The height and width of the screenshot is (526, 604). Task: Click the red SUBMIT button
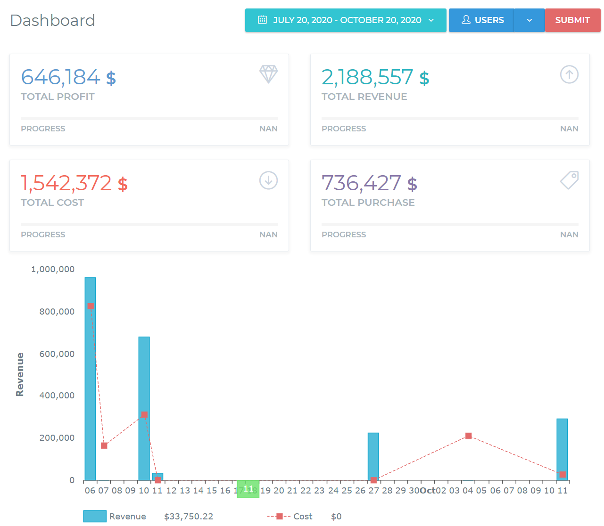[572, 20]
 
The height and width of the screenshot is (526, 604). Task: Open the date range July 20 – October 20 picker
[346, 20]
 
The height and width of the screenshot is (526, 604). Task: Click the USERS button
[481, 20]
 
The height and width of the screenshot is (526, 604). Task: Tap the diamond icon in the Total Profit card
[268, 74]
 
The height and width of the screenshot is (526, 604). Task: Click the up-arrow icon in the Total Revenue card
[569, 74]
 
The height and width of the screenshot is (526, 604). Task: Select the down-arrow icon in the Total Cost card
[268, 180]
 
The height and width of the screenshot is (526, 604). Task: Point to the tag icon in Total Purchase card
[569, 180]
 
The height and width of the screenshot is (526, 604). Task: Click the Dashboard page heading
[52, 20]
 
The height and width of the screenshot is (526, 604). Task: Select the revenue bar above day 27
[373, 456]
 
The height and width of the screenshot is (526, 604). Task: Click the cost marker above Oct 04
[468, 436]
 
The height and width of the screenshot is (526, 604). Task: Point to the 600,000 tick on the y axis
[57, 354]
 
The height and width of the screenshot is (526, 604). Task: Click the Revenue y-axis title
[20, 374]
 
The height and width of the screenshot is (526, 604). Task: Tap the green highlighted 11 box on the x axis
[248, 489]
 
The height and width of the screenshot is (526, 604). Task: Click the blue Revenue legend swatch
[95, 516]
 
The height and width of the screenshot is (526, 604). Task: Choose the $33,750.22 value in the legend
[189, 517]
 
